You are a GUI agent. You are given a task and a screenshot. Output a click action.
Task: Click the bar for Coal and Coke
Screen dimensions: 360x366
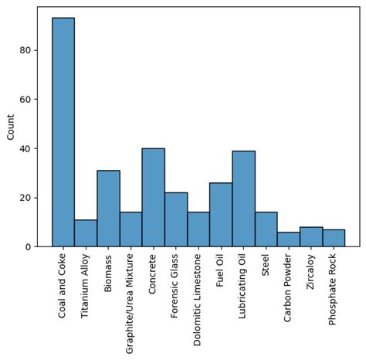click(63, 131)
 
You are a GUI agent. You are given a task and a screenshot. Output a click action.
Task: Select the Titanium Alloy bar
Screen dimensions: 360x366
click(86, 233)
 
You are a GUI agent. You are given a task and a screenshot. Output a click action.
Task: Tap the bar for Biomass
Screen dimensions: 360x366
click(108, 209)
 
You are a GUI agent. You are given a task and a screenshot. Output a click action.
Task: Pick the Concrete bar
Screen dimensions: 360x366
click(153, 197)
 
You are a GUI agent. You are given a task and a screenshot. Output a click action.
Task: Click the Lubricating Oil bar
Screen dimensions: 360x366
click(243, 199)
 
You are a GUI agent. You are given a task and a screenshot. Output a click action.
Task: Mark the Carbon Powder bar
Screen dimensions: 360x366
click(288, 239)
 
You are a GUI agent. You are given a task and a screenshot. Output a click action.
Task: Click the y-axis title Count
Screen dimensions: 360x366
click(10, 127)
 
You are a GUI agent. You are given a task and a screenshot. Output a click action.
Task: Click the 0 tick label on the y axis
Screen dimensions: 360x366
click(27, 247)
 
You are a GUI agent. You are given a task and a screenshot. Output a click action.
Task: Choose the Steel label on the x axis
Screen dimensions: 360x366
click(266, 267)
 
